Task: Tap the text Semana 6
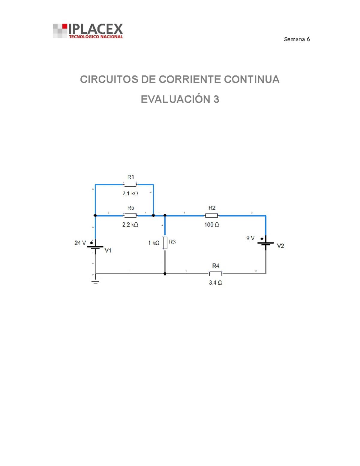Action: pyautogui.click(x=296, y=39)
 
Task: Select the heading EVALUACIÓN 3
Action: pyautogui.click(x=180, y=99)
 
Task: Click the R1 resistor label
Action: pyautogui.click(x=130, y=177)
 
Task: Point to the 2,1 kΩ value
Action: pyautogui.click(x=130, y=194)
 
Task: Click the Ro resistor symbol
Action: pyautogui.click(x=130, y=215)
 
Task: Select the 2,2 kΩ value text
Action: pyautogui.click(x=130, y=224)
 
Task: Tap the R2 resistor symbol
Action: pyautogui.click(x=211, y=215)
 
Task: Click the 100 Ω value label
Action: pyautogui.click(x=211, y=224)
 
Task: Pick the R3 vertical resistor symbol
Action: pyautogui.click(x=165, y=243)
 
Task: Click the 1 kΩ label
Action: pyautogui.click(x=154, y=243)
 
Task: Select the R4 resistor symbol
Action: pyautogui.click(x=215, y=273)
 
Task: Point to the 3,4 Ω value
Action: pyautogui.click(x=215, y=283)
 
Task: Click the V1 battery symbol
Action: pyautogui.click(x=95, y=247)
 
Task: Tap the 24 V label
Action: pyautogui.click(x=80, y=243)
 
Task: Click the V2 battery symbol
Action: pyautogui.click(x=266, y=243)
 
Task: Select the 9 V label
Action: pyautogui.click(x=250, y=238)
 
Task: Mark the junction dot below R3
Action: pyautogui.click(x=165, y=274)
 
